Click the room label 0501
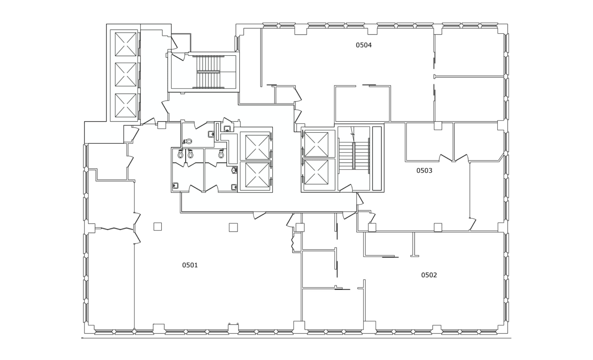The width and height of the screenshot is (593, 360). (190, 265)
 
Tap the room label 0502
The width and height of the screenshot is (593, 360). (429, 275)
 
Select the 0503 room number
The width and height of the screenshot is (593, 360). (424, 171)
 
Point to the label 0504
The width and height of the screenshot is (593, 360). (364, 45)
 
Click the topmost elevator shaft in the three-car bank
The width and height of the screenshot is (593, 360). (125, 44)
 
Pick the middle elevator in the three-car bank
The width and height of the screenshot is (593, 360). (125, 74)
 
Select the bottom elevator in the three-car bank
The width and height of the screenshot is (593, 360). (125, 105)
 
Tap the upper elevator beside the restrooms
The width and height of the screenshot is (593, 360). (257, 147)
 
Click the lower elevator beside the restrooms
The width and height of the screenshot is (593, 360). (257, 175)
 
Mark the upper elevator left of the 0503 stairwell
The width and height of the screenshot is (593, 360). (316, 144)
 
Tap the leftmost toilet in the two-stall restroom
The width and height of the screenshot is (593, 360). (180, 154)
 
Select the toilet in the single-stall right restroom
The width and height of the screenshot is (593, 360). (221, 154)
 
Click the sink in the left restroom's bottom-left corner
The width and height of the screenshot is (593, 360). (175, 186)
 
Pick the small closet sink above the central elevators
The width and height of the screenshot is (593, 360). (227, 128)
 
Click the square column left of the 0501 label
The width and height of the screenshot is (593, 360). (157, 227)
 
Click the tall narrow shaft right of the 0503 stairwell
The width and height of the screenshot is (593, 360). (377, 158)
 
